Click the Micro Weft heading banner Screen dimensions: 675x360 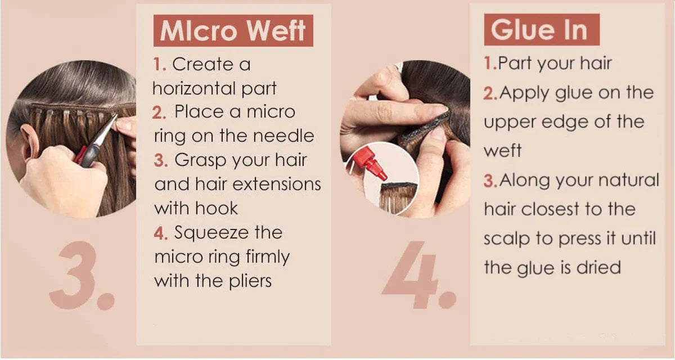coord(233,31)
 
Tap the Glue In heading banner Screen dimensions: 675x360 coord(542,29)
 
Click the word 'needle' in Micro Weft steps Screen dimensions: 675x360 coord(283,136)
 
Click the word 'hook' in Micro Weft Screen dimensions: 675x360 coord(217,208)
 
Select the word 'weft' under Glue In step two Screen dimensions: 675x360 coord(502,150)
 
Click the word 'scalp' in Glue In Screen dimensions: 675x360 coord(507,239)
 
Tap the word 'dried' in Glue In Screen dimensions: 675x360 coord(598,267)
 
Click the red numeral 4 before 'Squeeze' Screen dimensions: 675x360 coord(160,233)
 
